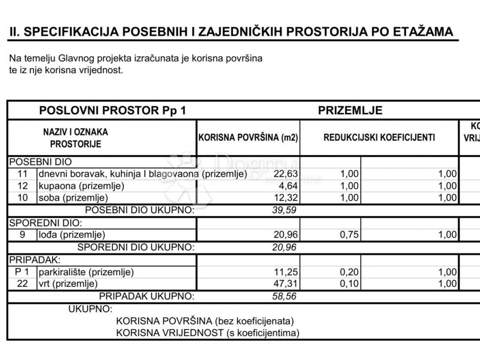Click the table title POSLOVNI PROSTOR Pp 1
point(112,111)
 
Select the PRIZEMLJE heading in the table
point(350,111)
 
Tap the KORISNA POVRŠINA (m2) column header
point(248,138)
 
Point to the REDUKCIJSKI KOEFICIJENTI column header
point(379,137)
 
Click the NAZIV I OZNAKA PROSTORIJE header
point(75,138)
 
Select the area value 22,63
point(285,174)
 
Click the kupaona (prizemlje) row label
point(81,186)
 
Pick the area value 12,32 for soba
point(285,197)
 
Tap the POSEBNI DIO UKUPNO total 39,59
point(284,210)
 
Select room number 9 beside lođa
point(22,235)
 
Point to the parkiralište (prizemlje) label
point(86,272)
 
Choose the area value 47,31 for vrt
point(285,284)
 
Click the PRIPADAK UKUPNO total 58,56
point(284,296)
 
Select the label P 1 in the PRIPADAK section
point(22,272)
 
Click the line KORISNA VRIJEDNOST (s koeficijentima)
point(208,333)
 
